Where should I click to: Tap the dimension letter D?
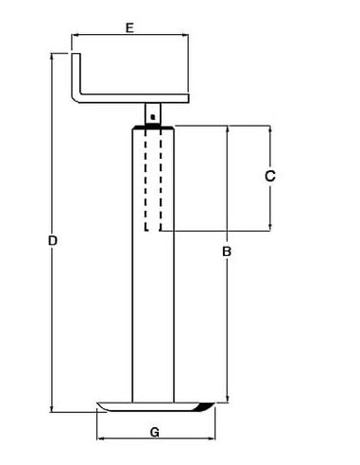point(54,242)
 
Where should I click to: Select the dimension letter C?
point(268,176)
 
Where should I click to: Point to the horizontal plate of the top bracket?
point(132,98)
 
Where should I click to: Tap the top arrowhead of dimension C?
point(270,129)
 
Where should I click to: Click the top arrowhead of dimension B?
point(227,129)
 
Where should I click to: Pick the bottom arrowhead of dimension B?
point(227,401)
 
